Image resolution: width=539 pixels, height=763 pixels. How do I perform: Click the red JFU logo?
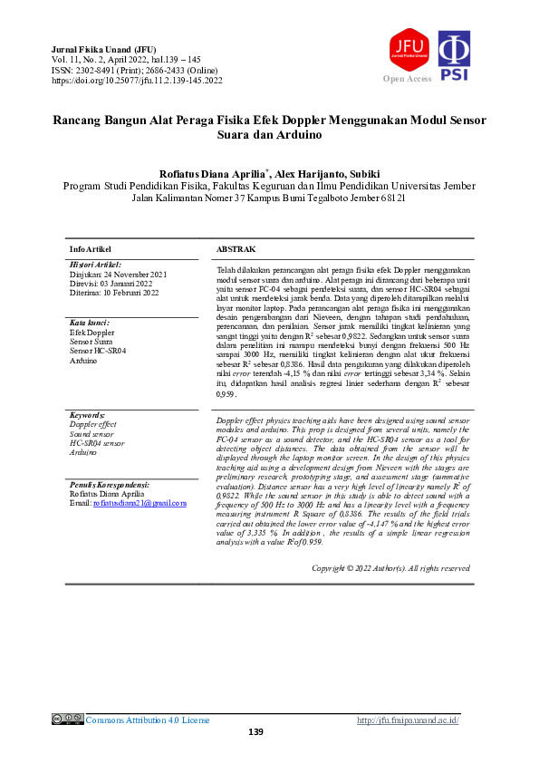coord(408,50)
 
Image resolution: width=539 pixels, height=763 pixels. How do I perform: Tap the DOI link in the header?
coord(138,81)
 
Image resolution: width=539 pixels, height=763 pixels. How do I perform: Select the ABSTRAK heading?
coord(236,248)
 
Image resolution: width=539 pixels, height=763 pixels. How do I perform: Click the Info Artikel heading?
coord(91,248)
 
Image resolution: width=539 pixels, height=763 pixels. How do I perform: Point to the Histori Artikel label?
coord(95,264)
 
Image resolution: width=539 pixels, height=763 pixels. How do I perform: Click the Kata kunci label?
coord(90,323)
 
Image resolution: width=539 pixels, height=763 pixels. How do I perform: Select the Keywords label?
coord(87,413)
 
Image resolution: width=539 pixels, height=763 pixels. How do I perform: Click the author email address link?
coord(140,502)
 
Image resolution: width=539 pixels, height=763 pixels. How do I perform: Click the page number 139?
coord(255,732)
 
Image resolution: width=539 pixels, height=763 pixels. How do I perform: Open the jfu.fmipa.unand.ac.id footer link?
coord(408,720)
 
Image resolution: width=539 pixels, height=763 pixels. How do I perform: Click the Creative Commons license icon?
coord(67,720)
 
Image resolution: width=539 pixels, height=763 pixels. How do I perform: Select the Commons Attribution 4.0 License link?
coord(147,720)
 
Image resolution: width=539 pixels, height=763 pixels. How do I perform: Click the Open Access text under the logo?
coord(408,79)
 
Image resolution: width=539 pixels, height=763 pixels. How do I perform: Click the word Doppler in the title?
coord(307,120)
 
